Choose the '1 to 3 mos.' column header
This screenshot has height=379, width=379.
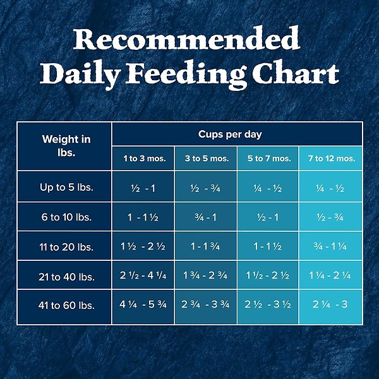pos(144,159)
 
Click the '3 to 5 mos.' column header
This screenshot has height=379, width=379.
pos(206,159)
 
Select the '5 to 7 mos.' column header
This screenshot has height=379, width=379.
pos(268,159)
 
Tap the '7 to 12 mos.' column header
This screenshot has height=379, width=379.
pos(331,159)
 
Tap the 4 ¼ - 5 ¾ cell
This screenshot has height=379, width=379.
pos(144,306)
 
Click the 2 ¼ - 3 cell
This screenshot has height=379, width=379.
pos(331,306)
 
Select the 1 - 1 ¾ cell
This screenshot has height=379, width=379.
pos(206,247)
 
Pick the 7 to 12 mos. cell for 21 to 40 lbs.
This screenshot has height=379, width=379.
pos(331,277)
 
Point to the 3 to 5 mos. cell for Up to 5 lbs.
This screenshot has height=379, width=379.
pos(206,188)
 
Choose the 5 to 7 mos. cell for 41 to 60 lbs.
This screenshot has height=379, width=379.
pos(268,306)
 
